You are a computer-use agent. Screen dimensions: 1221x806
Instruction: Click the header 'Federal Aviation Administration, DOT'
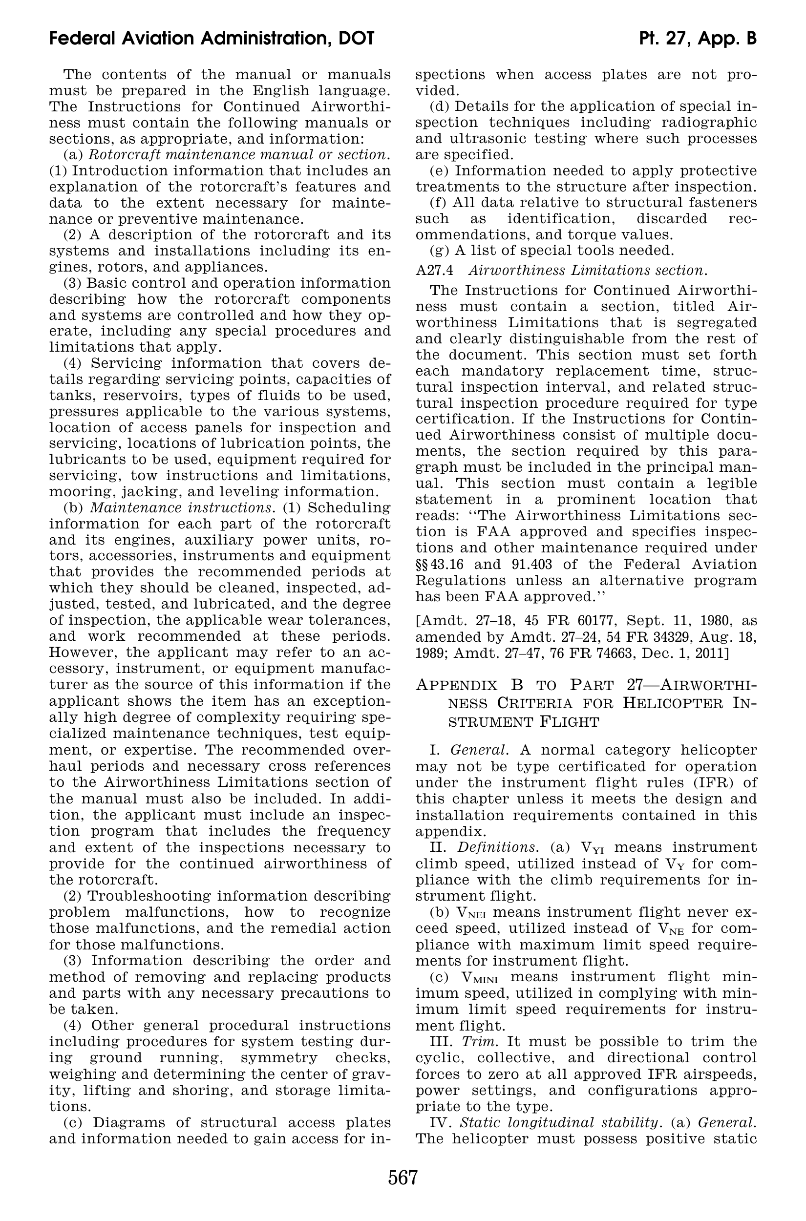pyautogui.click(x=211, y=39)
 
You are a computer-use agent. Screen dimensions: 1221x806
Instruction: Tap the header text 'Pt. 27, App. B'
pyautogui.click(x=698, y=39)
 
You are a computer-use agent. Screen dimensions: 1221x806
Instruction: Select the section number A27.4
pyautogui.click(x=434, y=270)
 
